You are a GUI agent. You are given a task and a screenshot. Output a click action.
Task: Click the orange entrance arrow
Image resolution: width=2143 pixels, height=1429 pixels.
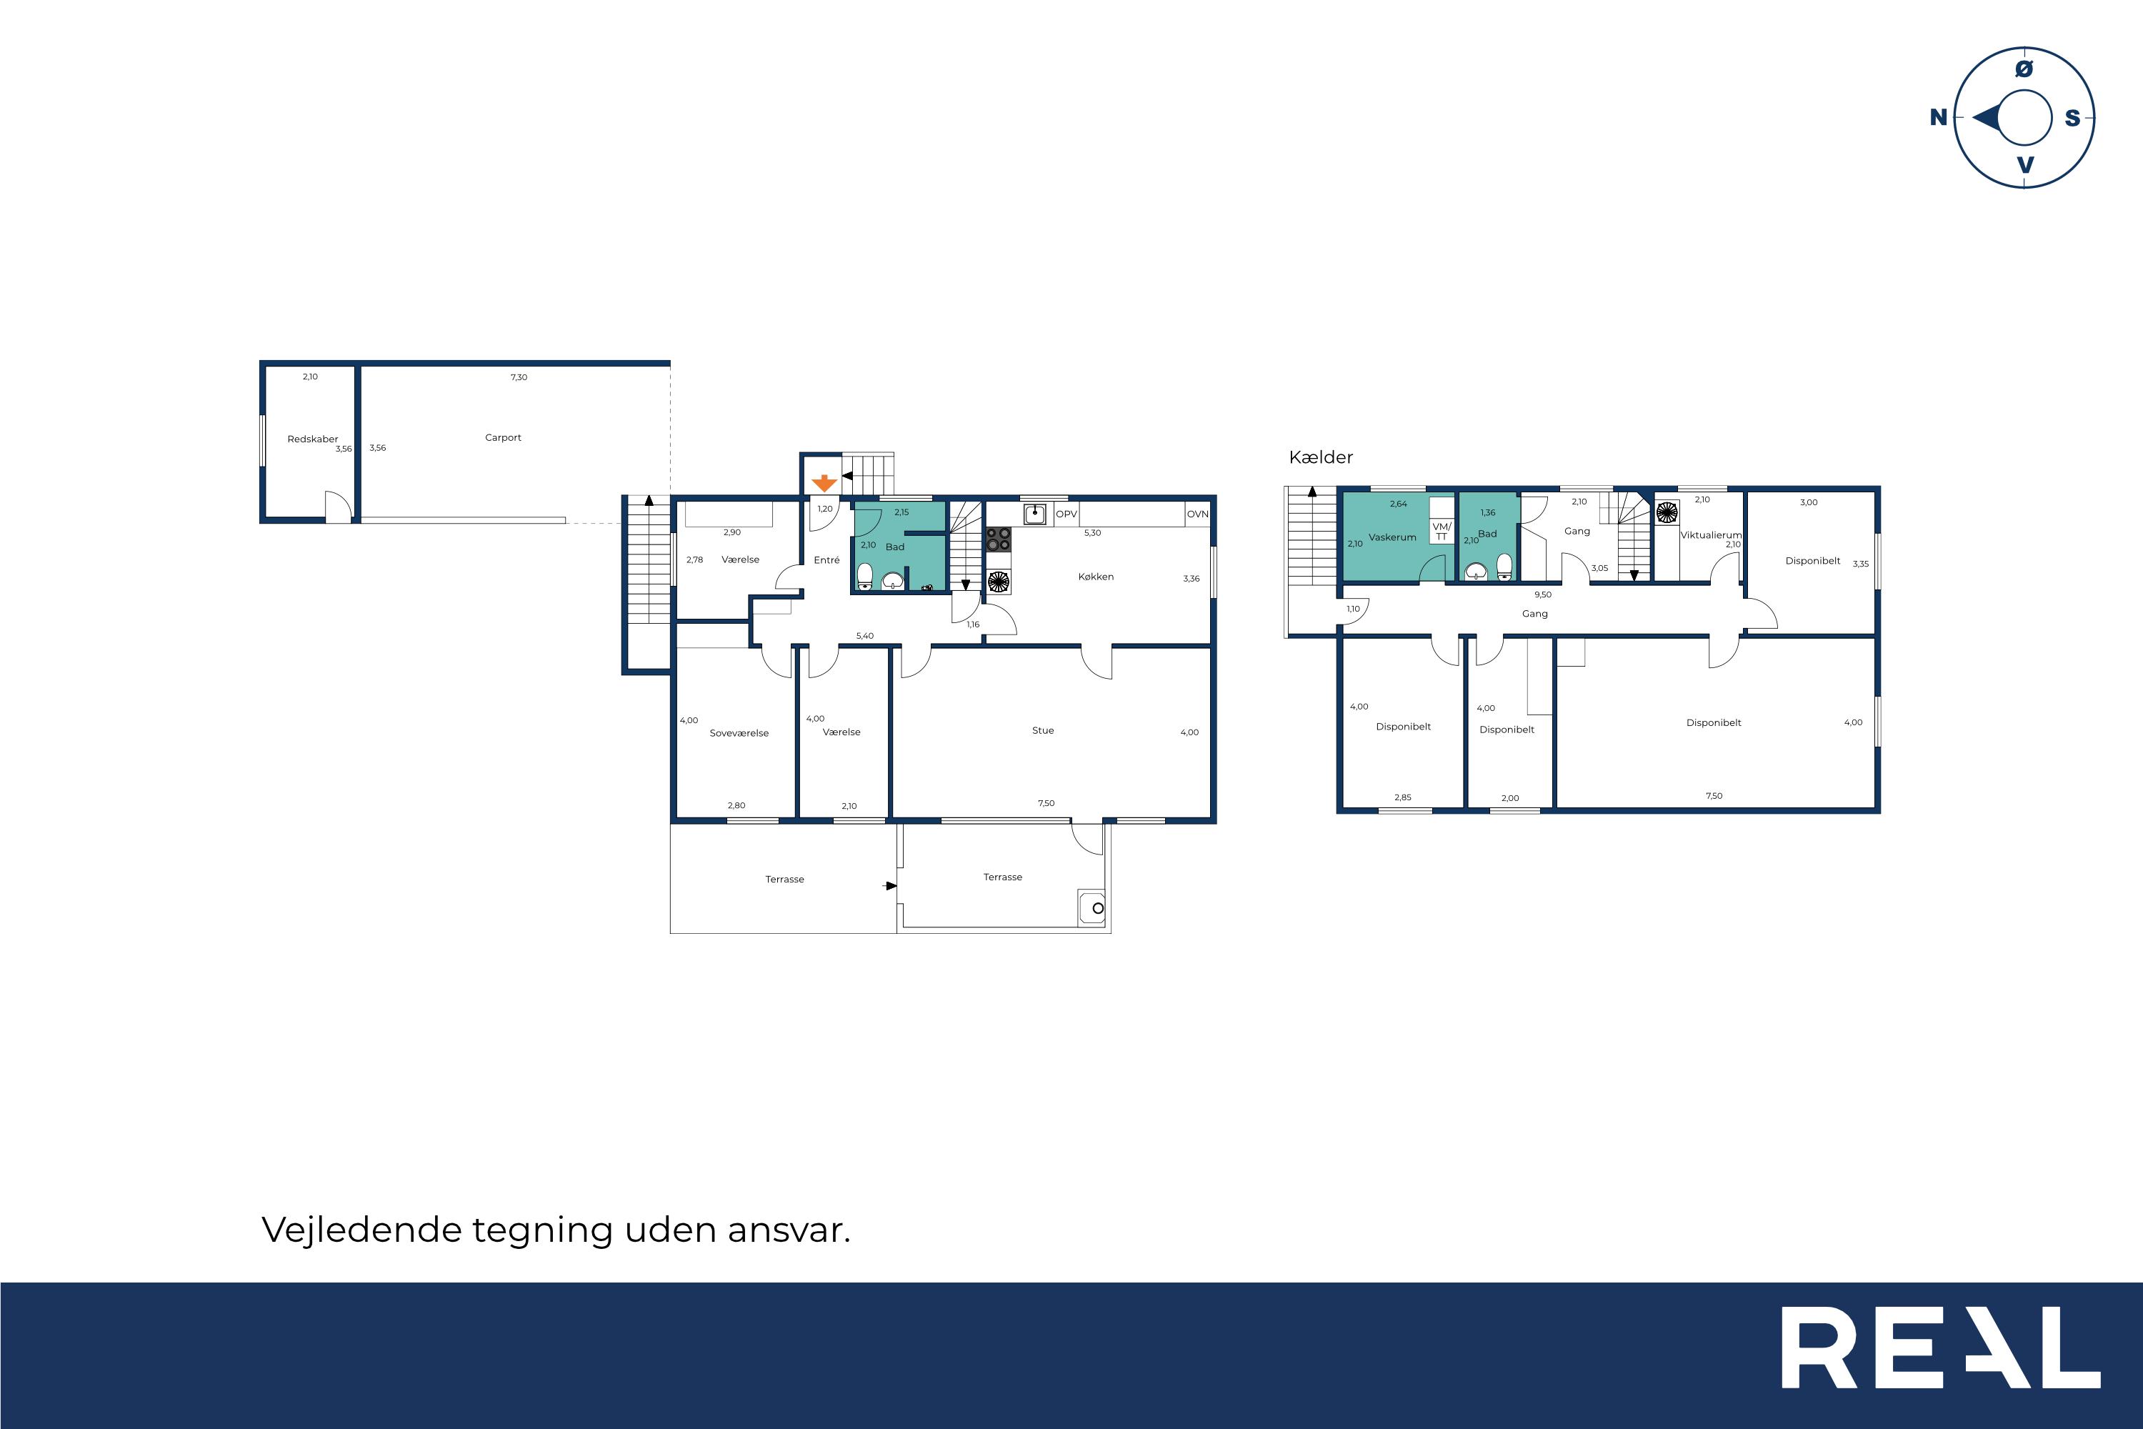[x=824, y=483]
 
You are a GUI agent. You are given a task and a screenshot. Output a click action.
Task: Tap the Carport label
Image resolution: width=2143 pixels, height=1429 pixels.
[x=503, y=437]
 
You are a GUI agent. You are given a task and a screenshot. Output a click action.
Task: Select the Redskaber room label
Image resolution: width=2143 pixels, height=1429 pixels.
[x=313, y=439]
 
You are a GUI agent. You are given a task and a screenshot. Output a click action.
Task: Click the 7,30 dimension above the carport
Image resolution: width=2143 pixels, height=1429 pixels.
[x=519, y=377]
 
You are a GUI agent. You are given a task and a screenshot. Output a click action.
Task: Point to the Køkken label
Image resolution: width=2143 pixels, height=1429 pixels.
[x=1095, y=577]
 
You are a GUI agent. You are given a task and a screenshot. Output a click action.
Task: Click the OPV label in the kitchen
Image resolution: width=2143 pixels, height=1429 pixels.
[x=1066, y=514]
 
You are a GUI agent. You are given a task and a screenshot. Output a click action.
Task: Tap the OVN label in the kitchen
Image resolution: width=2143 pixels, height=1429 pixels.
[x=1197, y=514]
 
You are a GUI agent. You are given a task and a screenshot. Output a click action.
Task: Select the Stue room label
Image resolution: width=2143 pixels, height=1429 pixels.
[x=1042, y=730]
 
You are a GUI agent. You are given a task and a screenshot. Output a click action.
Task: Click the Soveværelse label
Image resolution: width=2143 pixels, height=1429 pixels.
[x=739, y=733]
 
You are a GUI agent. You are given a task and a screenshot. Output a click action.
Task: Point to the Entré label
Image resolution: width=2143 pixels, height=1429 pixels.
[x=826, y=560]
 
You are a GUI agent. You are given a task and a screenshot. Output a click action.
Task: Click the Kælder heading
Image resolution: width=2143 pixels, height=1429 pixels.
[x=1320, y=457]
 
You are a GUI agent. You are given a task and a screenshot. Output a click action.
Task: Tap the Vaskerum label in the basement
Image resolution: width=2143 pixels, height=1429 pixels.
[x=1392, y=538]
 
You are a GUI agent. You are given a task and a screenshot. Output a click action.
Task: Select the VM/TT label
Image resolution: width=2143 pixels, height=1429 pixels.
[x=1442, y=532]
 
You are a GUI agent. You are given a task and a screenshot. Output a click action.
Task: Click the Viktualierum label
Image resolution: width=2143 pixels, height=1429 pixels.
[x=1710, y=536]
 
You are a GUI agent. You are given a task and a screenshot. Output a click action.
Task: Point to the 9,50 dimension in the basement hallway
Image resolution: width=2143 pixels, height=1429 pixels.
[x=1542, y=595]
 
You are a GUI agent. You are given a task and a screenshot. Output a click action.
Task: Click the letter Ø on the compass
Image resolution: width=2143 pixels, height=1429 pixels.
[x=2024, y=69]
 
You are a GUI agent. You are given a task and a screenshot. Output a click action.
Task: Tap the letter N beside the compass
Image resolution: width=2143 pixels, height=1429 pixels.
[x=1938, y=118]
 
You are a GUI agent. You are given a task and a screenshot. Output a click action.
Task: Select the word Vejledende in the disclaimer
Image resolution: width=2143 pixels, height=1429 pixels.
[x=361, y=1230]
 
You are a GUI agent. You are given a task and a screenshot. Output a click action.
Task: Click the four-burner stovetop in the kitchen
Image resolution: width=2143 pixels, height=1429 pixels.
[x=999, y=539]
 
